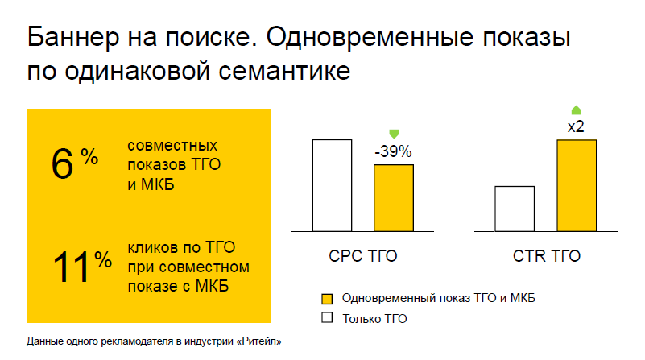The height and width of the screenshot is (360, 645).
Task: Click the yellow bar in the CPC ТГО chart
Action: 393,197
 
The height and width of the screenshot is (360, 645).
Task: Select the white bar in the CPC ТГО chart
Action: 332,185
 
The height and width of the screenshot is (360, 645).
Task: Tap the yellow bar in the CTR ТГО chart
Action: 576,185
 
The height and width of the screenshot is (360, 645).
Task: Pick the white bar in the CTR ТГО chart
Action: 515,209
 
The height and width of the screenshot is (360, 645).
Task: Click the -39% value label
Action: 393,151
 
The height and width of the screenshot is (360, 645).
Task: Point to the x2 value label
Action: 576,127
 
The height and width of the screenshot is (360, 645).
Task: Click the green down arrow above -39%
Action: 394,133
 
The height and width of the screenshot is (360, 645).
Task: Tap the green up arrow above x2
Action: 576,110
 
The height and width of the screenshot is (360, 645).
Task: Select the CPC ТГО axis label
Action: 363,258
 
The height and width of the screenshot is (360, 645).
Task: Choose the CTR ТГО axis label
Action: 546,258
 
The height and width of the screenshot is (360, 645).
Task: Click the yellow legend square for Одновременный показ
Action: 327,298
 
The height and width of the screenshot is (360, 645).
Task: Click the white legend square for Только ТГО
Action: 327,318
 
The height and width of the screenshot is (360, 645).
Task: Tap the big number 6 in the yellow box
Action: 62,165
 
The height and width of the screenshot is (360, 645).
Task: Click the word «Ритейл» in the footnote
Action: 260,341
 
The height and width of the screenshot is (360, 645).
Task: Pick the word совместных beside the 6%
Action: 172,146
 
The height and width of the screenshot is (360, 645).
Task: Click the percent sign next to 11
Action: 103,259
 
